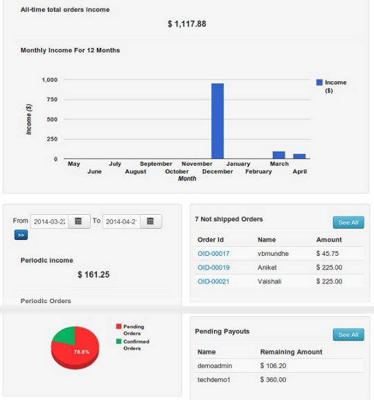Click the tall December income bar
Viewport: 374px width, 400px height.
(217, 121)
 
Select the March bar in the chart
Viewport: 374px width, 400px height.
(278, 155)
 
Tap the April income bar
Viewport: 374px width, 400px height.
(299, 156)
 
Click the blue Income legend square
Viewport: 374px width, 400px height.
(319, 82)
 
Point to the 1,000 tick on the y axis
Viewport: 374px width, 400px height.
(50, 80)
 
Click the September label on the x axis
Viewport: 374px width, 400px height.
(156, 164)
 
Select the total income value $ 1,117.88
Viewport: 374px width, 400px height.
(187, 24)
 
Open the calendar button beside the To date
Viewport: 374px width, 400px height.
(150, 221)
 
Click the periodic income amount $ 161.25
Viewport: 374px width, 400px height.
(94, 275)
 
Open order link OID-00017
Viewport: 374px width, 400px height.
(213, 254)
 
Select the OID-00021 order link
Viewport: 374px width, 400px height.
(213, 281)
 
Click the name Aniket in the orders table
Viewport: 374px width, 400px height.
(267, 268)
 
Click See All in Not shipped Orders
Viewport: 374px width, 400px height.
(348, 223)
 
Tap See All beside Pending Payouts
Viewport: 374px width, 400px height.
(348, 335)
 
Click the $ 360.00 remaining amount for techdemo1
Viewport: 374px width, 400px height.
(273, 379)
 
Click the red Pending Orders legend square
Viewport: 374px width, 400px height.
(118, 325)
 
